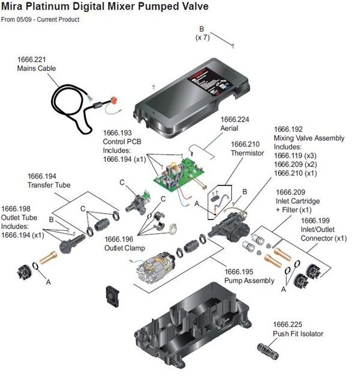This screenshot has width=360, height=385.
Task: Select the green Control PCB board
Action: click(173, 174)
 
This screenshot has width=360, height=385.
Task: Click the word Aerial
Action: click(229, 128)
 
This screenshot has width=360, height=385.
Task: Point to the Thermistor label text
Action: click(246, 152)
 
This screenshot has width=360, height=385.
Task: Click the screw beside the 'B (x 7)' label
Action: click(230, 43)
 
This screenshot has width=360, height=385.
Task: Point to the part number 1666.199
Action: click(316, 230)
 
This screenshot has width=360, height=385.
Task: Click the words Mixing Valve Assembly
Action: click(308, 138)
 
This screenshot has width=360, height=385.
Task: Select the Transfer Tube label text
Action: click(49, 185)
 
